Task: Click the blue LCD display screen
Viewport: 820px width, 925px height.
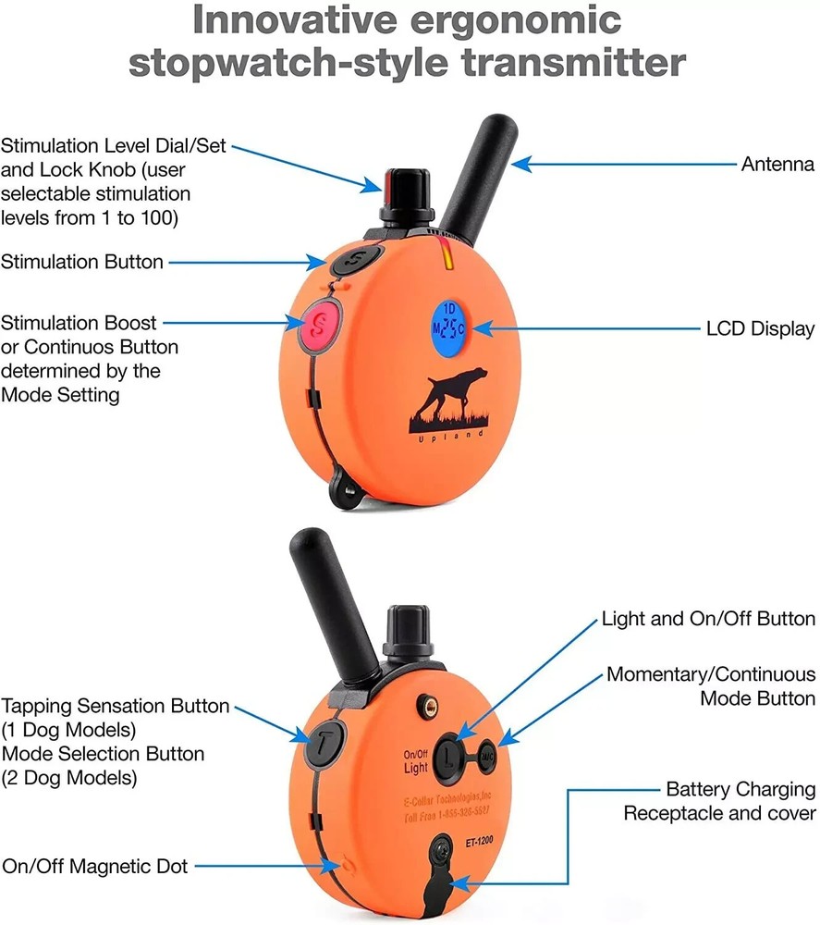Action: pos(449,327)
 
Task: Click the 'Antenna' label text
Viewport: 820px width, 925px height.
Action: pos(777,165)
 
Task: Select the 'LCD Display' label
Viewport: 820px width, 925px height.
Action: pos(760,328)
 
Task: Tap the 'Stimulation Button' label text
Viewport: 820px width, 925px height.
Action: pos(82,262)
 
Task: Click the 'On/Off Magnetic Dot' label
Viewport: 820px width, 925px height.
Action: pos(94,866)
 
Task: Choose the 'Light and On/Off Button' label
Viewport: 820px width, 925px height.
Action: pos(708,618)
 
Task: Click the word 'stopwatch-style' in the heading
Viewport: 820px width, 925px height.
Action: pos(299,64)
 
